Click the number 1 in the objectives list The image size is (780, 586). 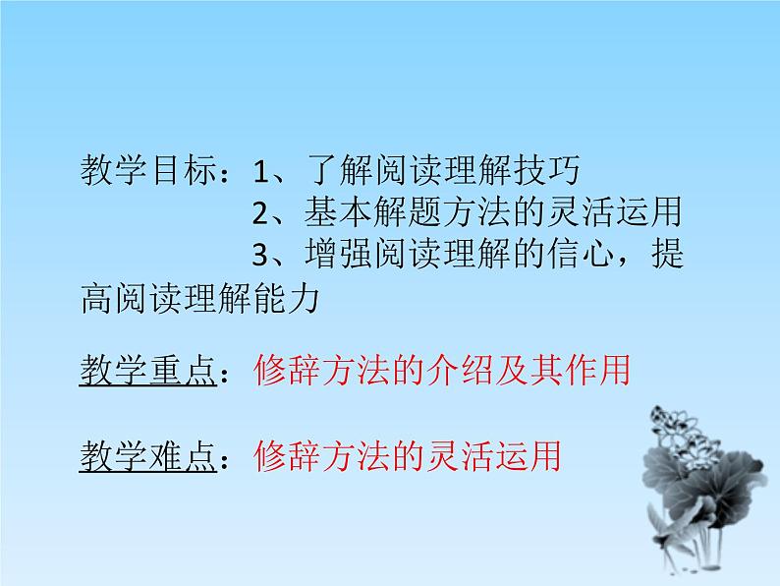[x=260, y=173]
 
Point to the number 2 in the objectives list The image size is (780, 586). [x=260, y=212]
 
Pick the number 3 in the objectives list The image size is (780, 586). [x=260, y=255]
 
